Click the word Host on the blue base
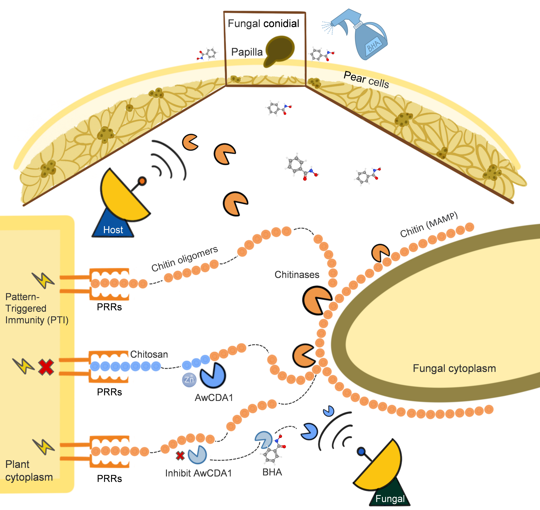(x=113, y=230)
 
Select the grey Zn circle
(x=189, y=379)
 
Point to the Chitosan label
(x=149, y=354)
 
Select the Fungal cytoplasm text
(x=454, y=368)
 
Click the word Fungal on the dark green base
(x=390, y=499)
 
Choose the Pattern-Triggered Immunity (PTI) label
(x=37, y=308)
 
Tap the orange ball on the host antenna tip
(x=142, y=181)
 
